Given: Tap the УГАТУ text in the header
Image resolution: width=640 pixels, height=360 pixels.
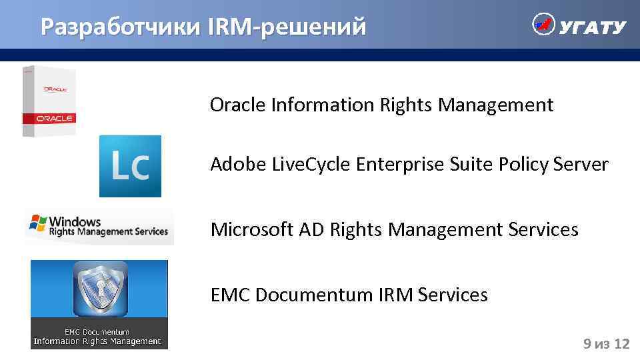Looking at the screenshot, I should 592,27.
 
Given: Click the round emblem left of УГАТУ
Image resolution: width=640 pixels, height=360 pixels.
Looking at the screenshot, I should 543,25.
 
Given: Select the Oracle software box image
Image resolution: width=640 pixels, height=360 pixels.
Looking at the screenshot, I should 49,101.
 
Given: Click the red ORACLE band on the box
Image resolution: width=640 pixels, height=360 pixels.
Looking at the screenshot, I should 49,118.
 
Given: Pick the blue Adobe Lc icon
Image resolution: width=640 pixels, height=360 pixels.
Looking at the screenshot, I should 130,166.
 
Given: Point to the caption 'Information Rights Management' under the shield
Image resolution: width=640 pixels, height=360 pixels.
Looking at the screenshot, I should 97,341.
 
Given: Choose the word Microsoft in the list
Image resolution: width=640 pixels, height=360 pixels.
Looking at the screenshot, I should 252,230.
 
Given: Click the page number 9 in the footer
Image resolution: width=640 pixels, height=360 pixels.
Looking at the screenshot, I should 587,344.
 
